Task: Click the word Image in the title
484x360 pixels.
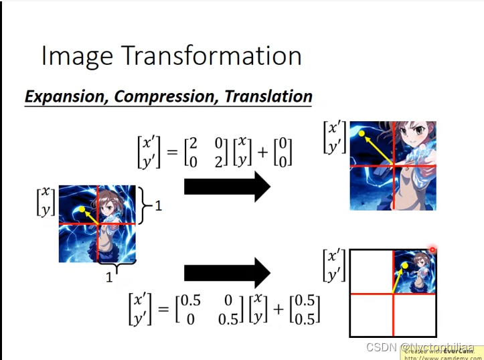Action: tap(74, 56)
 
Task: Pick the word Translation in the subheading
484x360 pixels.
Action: tap(268, 96)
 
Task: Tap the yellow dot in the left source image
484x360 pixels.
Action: tap(82, 209)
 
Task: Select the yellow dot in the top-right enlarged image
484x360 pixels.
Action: tap(362, 134)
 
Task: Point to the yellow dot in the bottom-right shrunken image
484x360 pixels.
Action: tap(404, 266)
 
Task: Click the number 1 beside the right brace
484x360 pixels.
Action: tap(158, 206)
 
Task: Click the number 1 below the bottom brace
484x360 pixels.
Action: tap(109, 277)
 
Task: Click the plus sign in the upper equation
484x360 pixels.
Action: tap(262, 151)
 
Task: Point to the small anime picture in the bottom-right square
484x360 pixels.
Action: tap(414, 270)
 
